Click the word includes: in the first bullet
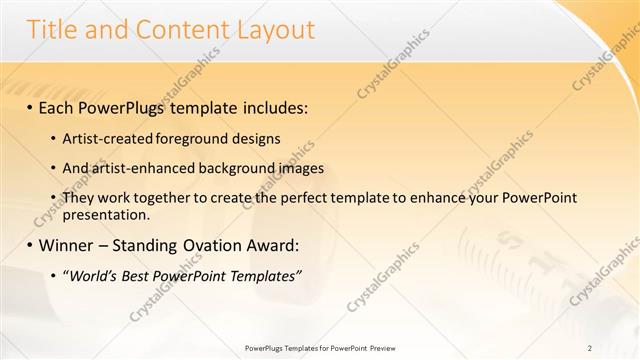click(x=269, y=105)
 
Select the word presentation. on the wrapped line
click(x=106, y=214)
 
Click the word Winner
click(x=67, y=245)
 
